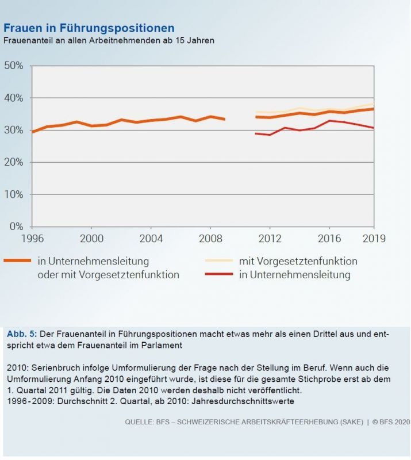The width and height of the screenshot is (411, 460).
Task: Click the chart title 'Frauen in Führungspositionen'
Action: pyautogui.click(x=89, y=28)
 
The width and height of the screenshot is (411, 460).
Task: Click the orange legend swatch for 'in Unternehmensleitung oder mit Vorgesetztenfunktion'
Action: pyautogui.click(x=17, y=260)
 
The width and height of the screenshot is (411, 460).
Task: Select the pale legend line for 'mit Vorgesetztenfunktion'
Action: pyautogui.click(x=219, y=260)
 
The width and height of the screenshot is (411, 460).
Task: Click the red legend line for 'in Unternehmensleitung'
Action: pyautogui.click(x=219, y=275)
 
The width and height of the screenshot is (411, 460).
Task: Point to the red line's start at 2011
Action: pyautogui.click(x=256, y=133)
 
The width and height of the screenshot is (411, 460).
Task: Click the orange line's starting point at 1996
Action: pyautogui.click(x=32, y=132)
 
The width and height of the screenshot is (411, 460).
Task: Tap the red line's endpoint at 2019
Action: pyautogui.click(x=374, y=128)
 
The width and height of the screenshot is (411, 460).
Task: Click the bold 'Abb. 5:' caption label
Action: pyautogui.click(x=22, y=334)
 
